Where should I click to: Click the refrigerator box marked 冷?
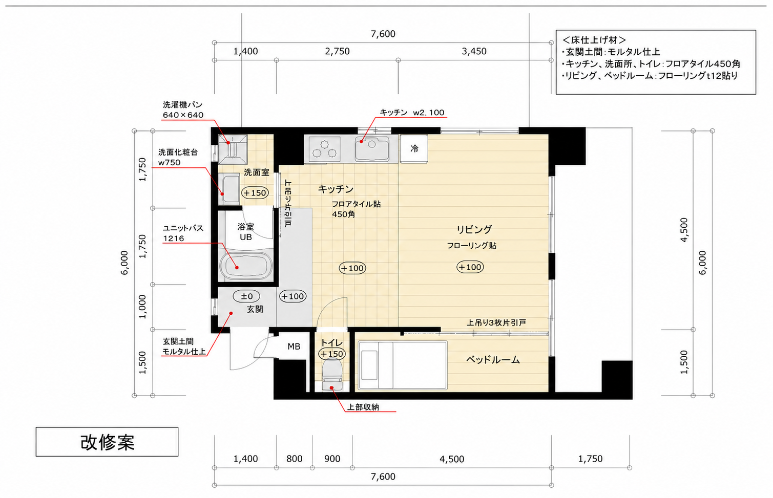pyautogui.click(x=414, y=148)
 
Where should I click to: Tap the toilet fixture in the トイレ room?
pyautogui.click(x=331, y=374)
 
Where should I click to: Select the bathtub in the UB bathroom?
pyautogui.click(x=246, y=266)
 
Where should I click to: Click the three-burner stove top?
pyautogui.click(x=324, y=149)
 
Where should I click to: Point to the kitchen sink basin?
pyautogui.click(x=372, y=149)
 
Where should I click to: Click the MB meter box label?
pyautogui.click(x=294, y=347)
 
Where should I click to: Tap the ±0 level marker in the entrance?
pyautogui.click(x=246, y=296)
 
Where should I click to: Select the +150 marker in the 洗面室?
pyautogui.click(x=255, y=192)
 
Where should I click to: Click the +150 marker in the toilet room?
pyautogui.click(x=331, y=354)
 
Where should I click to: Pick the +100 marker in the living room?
pyautogui.click(x=470, y=267)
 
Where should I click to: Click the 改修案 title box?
pyautogui.click(x=107, y=442)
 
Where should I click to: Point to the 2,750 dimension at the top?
pyautogui.click(x=337, y=51)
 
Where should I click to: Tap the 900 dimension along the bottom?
pyautogui.click(x=332, y=459)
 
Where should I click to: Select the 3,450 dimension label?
pyautogui.click(x=474, y=51)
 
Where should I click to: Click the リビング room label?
pyautogui.click(x=474, y=229)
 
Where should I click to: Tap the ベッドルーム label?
pyautogui.click(x=493, y=360)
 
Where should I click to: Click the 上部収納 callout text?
pyautogui.click(x=363, y=407)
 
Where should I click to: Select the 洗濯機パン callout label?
pyautogui.click(x=182, y=104)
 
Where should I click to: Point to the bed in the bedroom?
pyautogui.click(x=403, y=365)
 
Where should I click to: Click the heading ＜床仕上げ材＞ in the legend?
pyautogui.click(x=594, y=40)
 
